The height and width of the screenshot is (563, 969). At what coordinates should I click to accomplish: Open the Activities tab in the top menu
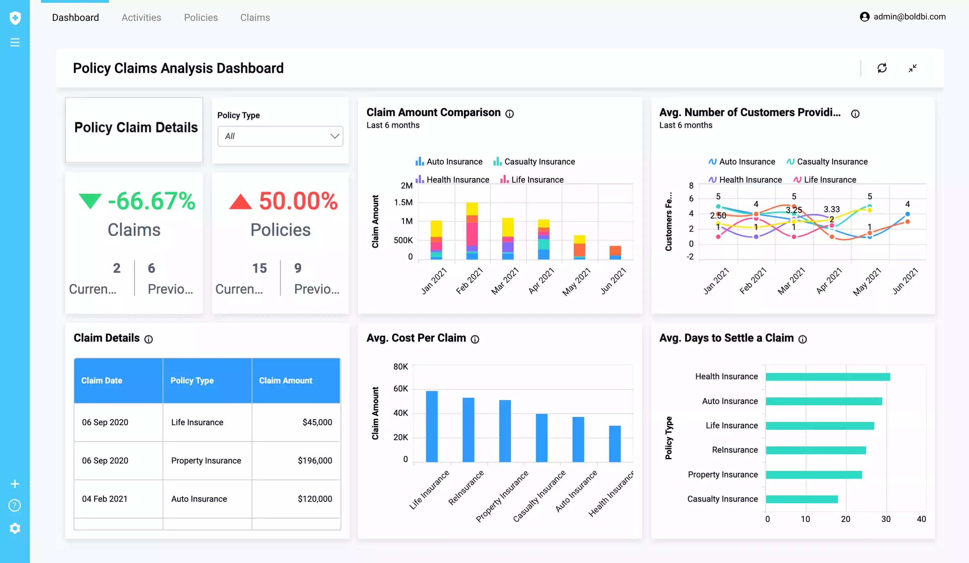pyautogui.click(x=141, y=17)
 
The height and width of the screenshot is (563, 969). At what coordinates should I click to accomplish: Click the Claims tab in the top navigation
pyautogui.click(x=255, y=17)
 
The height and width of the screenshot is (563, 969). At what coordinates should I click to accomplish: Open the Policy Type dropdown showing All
pyautogui.click(x=280, y=136)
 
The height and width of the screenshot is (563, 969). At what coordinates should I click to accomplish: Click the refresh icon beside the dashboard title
pyautogui.click(x=882, y=68)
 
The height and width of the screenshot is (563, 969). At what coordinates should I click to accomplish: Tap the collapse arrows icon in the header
pyautogui.click(x=912, y=68)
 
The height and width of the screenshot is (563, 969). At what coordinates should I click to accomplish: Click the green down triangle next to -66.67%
pyautogui.click(x=90, y=201)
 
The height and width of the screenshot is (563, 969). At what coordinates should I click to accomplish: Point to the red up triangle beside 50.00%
pyautogui.click(x=240, y=202)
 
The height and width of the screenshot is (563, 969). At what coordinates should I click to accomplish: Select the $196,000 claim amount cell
pyautogui.click(x=315, y=460)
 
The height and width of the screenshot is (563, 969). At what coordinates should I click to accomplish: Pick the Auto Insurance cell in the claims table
pyautogui.click(x=199, y=499)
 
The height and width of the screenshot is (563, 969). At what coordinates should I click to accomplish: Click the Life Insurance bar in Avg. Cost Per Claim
pyautogui.click(x=431, y=427)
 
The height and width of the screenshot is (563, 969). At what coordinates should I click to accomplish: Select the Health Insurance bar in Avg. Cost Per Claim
pyautogui.click(x=614, y=444)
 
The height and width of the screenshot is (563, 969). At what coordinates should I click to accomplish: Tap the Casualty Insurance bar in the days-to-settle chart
pyautogui.click(x=801, y=499)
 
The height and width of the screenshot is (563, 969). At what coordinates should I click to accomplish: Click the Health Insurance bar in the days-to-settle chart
pyautogui.click(x=828, y=377)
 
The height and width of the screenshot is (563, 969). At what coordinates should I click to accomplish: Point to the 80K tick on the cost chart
pyautogui.click(x=400, y=366)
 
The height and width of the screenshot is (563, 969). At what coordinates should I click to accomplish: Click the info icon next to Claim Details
pyautogui.click(x=148, y=339)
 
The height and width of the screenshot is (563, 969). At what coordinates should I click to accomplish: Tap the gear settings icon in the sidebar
pyautogui.click(x=15, y=528)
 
